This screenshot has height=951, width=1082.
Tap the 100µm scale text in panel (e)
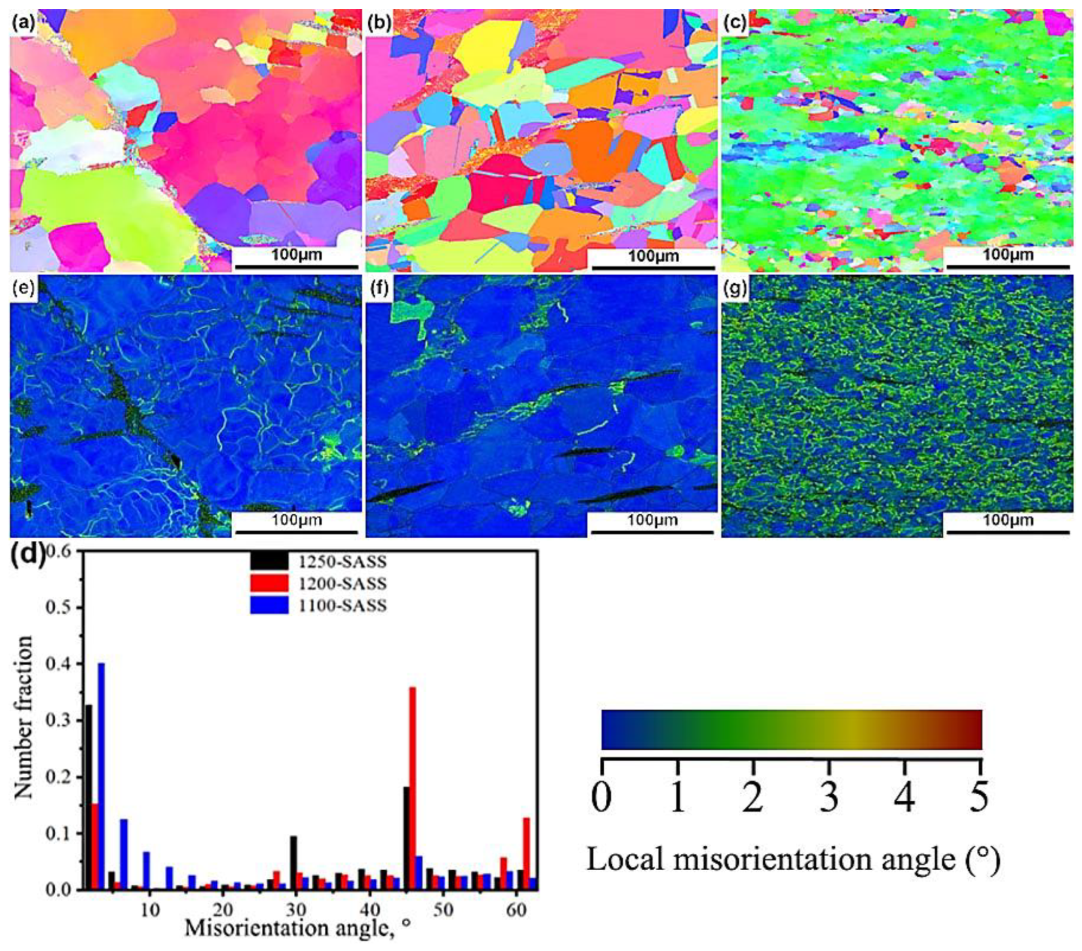(297, 519)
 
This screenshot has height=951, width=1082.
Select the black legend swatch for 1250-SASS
(269, 562)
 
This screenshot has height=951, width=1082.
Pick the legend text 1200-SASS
(342, 583)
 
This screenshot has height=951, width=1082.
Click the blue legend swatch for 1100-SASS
(269, 605)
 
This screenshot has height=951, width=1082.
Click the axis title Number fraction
(23, 717)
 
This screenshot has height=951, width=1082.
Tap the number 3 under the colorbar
(829, 798)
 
